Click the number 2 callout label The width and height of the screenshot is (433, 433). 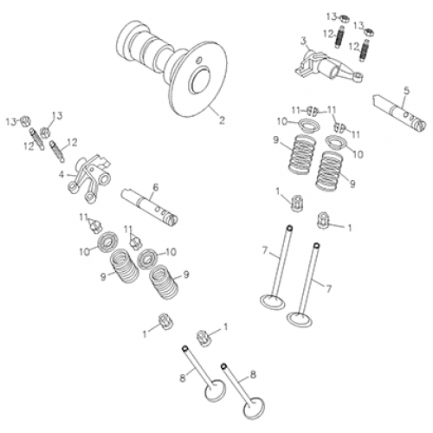[x=222, y=122]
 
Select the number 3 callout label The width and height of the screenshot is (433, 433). [x=303, y=41]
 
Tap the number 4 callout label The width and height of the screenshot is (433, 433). [x=61, y=174]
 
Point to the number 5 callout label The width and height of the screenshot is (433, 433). [x=405, y=88]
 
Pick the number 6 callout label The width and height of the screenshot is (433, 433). [x=155, y=187]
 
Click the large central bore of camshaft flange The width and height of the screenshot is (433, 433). [x=200, y=84]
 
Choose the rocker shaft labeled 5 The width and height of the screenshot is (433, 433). [x=397, y=111]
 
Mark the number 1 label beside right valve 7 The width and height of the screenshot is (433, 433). [x=349, y=228]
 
